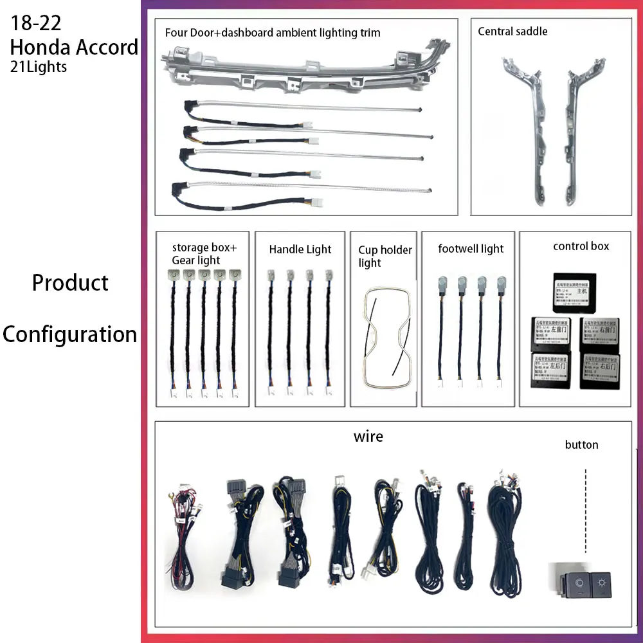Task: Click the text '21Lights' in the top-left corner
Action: click(x=39, y=67)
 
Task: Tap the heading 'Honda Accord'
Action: click(x=74, y=47)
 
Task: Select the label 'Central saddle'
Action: click(x=512, y=31)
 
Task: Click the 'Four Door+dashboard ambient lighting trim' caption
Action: click(x=273, y=32)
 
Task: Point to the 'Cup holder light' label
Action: click(x=385, y=256)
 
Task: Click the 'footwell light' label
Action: click(x=471, y=249)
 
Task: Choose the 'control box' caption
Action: click(x=581, y=246)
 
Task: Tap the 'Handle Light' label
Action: click(x=300, y=249)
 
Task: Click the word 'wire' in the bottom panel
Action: click(x=368, y=437)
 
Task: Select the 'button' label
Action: click(x=581, y=445)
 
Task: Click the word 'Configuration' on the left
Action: click(x=69, y=334)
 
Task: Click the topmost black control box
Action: click(x=574, y=291)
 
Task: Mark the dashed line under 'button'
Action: click(x=586, y=511)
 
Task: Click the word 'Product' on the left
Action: click(x=71, y=283)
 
